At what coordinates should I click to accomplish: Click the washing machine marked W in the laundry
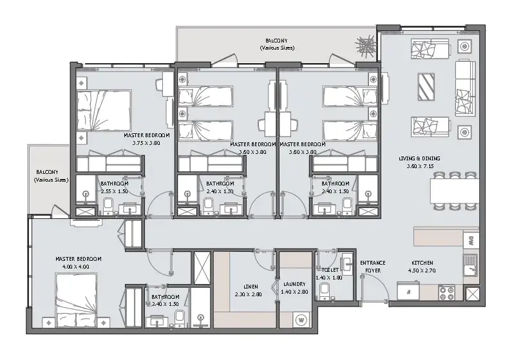click(x=301, y=319)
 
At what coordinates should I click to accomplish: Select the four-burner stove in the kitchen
click(x=446, y=292)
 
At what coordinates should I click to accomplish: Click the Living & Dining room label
click(x=419, y=158)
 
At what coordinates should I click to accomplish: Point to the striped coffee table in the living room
click(x=426, y=87)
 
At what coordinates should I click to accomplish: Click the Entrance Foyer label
click(x=373, y=267)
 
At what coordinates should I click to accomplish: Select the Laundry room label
click(x=294, y=284)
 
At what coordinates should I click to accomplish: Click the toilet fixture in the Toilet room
click(x=324, y=291)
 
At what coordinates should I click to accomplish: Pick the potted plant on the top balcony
click(x=365, y=46)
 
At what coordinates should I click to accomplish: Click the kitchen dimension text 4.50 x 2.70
click(x=422, y=270)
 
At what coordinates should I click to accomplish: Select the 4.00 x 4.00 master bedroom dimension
click(x=75, y=267)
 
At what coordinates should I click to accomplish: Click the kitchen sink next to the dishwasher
click(x=471, y=265)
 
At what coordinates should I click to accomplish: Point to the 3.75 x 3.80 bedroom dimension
click(x=146, y=143)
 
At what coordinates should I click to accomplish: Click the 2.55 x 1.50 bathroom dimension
click(x=114, y=191)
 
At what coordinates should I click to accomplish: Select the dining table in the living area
click(x=454, y=191)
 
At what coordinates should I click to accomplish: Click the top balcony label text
click(x=277, y=44)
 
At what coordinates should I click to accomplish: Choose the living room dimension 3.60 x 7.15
click(x=420, y=166)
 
